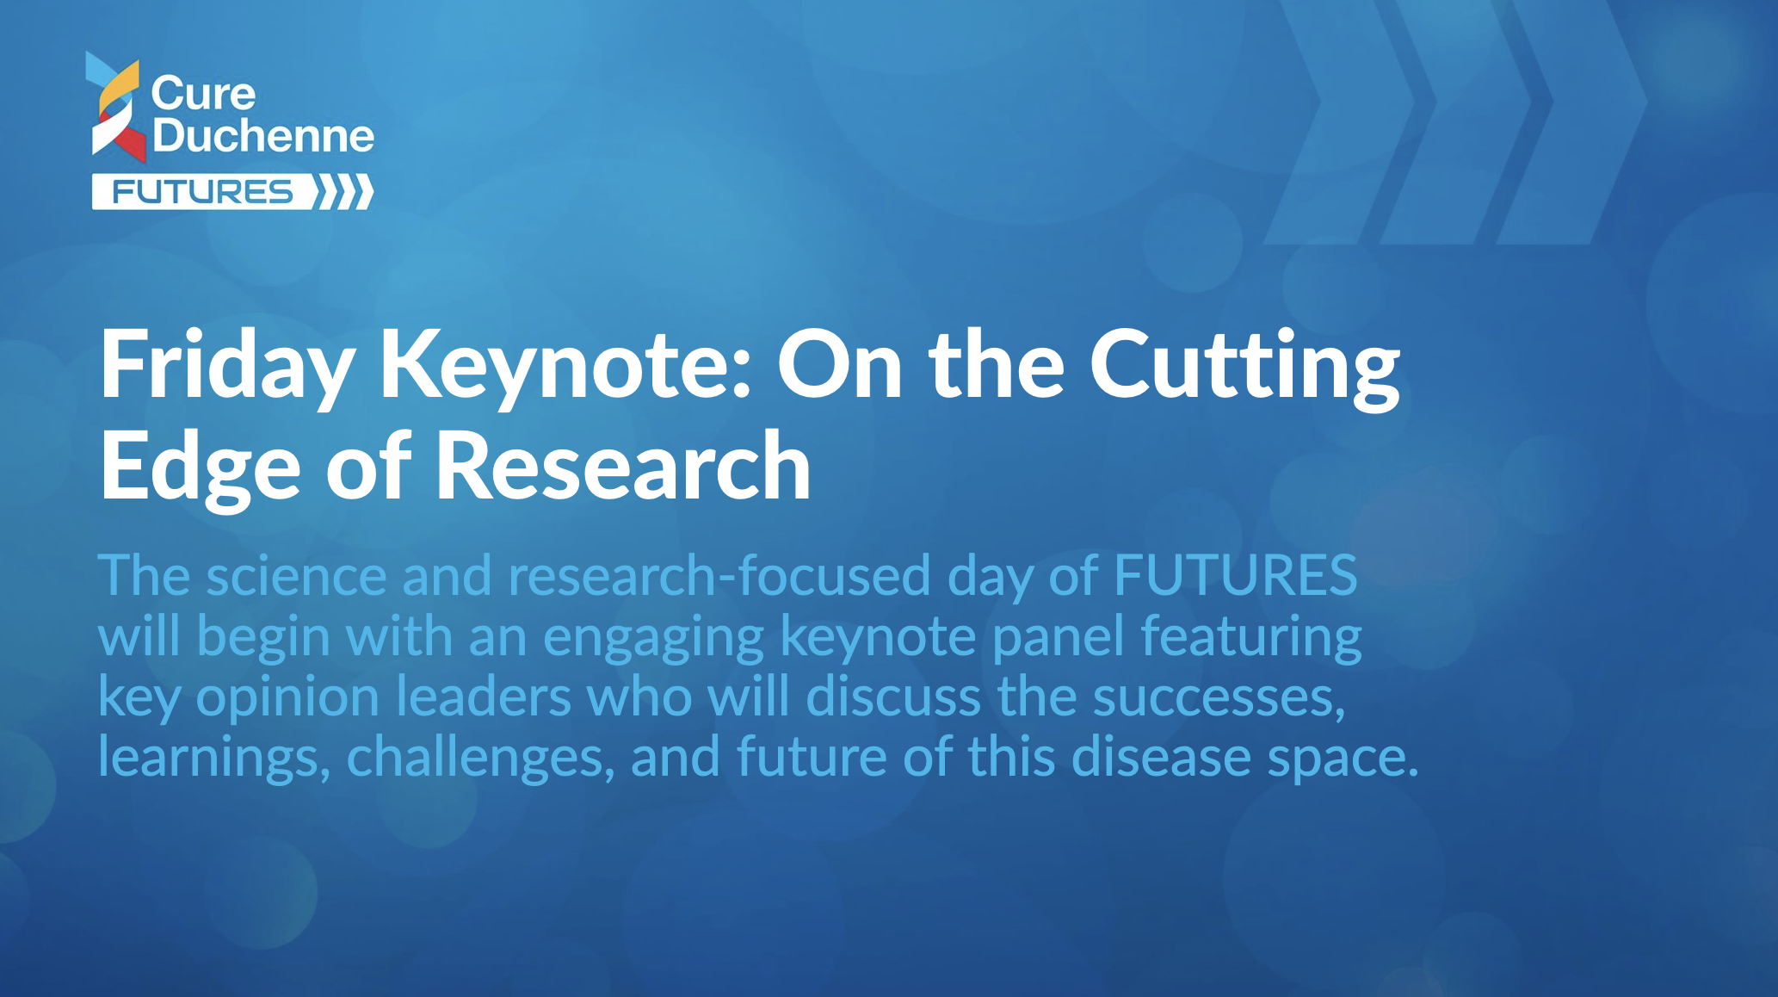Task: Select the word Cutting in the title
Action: [x=1244, y=365]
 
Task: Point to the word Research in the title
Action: [x=623, y=466]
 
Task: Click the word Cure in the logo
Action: [x=203, y=93]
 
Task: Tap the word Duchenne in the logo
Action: [x=263, y=135]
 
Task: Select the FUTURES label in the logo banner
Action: [x=203, y=191]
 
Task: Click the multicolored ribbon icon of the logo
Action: [x=116, y=107]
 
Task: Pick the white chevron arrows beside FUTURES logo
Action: [x=343, y=191]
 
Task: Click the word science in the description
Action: [x=296, y=575]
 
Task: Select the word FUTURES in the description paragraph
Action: [x=1236, y=575]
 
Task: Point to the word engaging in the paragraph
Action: [x=653, y=637]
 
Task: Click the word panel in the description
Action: [x=1058, y=637]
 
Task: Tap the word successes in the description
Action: [x=1219, y=697]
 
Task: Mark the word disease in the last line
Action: [x=1161, y=758]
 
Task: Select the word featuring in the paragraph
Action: [x=1251, y=637]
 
